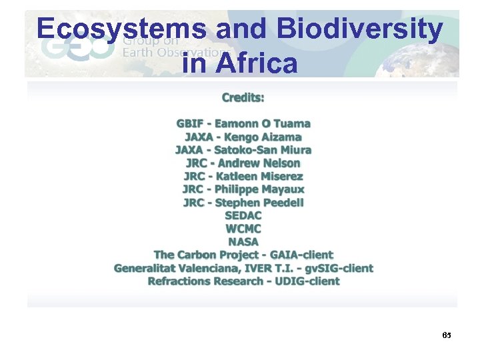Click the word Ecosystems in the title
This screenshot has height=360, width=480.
(x=121, y=29)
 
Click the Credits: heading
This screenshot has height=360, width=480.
(x=243, y=97)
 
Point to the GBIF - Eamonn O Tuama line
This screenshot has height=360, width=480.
(x=243, y=123)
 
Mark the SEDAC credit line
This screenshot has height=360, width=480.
(x=243, y=215)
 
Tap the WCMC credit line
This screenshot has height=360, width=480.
(x=243, y=229)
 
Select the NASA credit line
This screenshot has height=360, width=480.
(x=243, y=241)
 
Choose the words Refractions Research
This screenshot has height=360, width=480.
(x=205, y=281)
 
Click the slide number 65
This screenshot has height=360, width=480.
(x=447, y=335)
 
